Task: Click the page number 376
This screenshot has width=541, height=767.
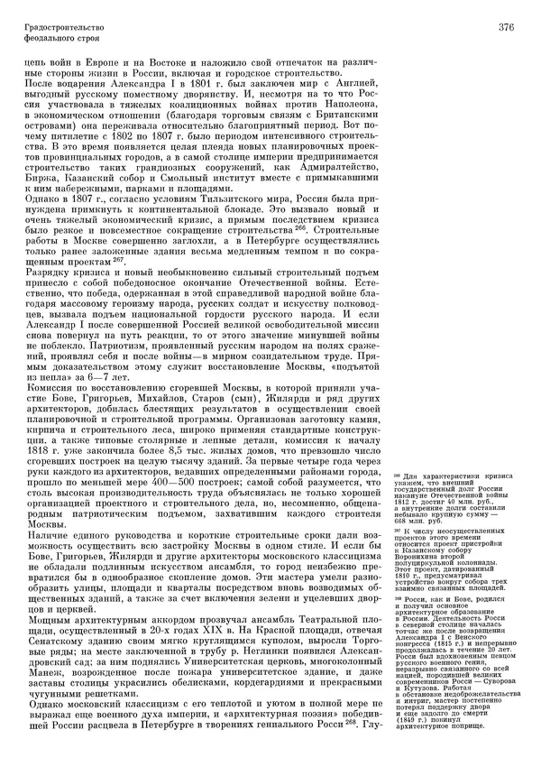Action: pyautogui.click(x=505, y=28)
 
